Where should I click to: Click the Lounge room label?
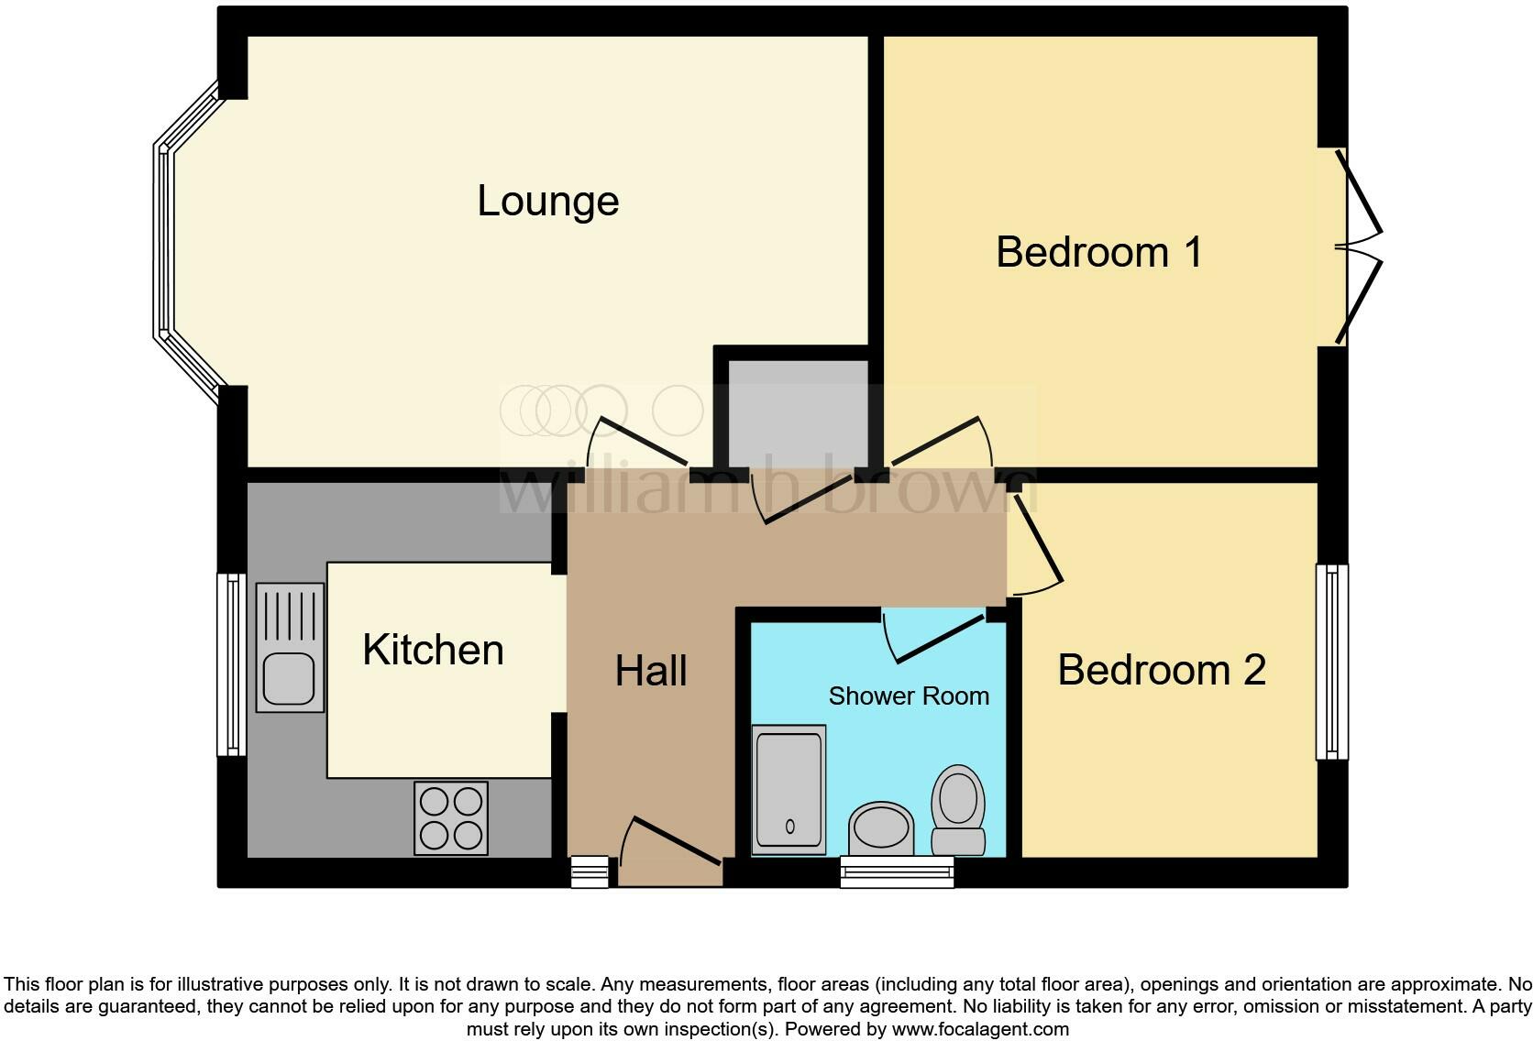tap(547, 202)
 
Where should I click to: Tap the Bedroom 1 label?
tap(1098, 252)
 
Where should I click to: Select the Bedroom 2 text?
tap(1161, 670)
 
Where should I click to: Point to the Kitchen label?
tap(433, 650)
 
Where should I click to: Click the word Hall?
tap(651, 671)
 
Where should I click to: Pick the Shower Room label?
tap(909, 696)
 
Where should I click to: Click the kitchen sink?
tap(290, 647)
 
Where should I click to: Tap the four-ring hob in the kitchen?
tap(450, 818)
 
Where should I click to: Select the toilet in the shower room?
tap(958, 811)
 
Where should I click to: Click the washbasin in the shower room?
tap(882, 827)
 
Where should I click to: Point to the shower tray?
tap(789, 790)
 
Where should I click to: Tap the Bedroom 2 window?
tap(1331, 662)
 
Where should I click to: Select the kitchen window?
tap(231, 664)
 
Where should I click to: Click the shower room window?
tap(898, 871)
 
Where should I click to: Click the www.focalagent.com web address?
tap(980, 1029)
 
